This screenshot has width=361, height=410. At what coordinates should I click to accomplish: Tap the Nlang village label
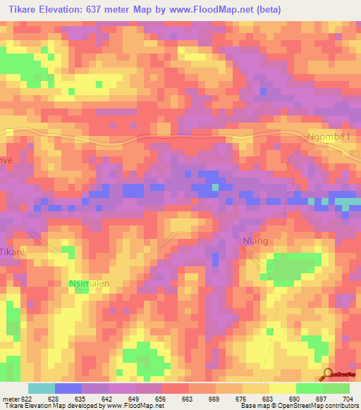[255, 241]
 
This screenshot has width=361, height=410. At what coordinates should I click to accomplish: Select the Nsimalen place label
[90, 284]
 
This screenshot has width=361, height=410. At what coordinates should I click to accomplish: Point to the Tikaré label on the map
[12, 251]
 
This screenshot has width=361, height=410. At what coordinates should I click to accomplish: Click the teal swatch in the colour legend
[42, 388]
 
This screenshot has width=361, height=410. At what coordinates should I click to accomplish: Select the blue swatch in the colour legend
[68, 388]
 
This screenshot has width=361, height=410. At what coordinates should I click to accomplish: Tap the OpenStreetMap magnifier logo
[326, 373]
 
